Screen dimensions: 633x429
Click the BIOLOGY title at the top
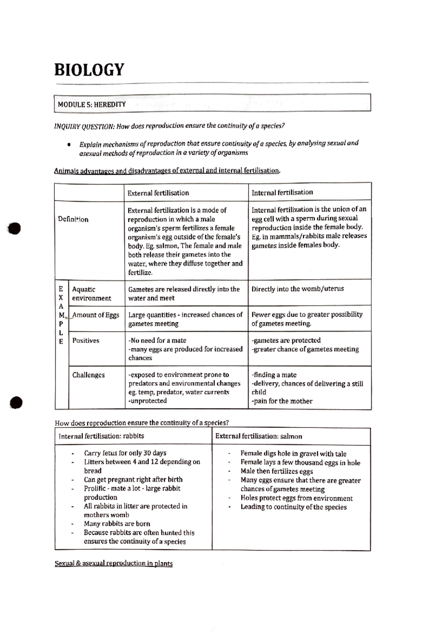click(89, 70)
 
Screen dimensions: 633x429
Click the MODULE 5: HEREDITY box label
click(92, 104)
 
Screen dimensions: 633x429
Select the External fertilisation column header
click(158, 193)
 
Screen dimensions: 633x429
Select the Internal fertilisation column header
click(282, 193)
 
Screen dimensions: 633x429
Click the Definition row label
click(73, 219)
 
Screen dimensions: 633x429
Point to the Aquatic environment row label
click(91, 294)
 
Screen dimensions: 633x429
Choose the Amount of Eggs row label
click(95, 315)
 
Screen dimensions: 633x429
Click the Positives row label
click(86, 341)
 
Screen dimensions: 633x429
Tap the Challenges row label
click(88, 375)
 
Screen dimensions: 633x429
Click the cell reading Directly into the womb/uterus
click(297, 289)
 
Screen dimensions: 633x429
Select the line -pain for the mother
click(282, 401)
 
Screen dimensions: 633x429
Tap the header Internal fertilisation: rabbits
click(101, 436)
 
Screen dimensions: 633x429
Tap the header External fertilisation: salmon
click(258, 437)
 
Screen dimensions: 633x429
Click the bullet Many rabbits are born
click(117, 524)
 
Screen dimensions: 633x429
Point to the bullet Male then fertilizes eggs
click(276, 472)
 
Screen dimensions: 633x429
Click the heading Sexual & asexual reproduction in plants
click(114, 564)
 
